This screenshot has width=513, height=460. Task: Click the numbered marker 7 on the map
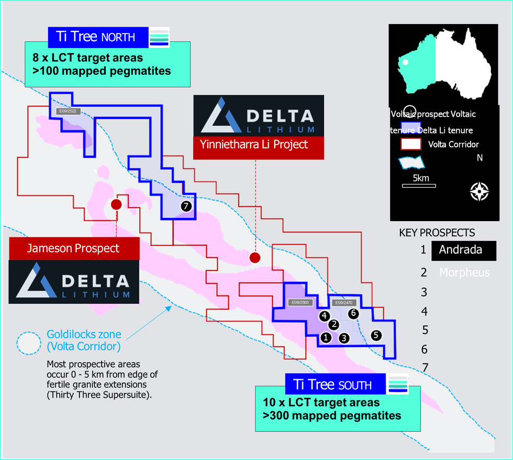pyautogui.click(x=186, y=206)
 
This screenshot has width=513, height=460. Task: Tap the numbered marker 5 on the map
pyautogui.click(x=376, y=335)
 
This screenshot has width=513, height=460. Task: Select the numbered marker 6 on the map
pyautogui.click(x=353, y=313)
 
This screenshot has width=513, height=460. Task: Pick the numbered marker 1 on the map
pyautogui.click(x=326, y=337)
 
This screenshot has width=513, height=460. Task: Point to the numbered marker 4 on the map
pyautogui.click(x=325, y=316)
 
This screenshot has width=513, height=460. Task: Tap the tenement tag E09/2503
pyautogui.click(x=300, y=303)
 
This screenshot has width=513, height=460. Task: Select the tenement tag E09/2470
pyautogui.click(x=343, y=303)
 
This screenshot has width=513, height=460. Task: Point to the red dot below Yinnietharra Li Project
pyautogui.click(x=255, y=257)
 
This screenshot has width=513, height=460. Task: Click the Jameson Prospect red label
pyautogui.click(x=74, y=248)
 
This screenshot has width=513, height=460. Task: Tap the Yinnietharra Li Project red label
pyautogui.click(x=259, y=144)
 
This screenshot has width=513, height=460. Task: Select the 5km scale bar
pyautogui.click(x=419, y=185)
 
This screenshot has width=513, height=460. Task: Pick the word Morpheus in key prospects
pyautogui.click(x=464, y=272)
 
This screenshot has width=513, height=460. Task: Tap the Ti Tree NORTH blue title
pyautogui.click(x=98, y=37)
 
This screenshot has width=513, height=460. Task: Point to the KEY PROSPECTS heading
pyautogui.click(x=437, y=233)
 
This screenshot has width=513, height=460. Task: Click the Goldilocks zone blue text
pyautogui.click(x=84, y=339)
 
